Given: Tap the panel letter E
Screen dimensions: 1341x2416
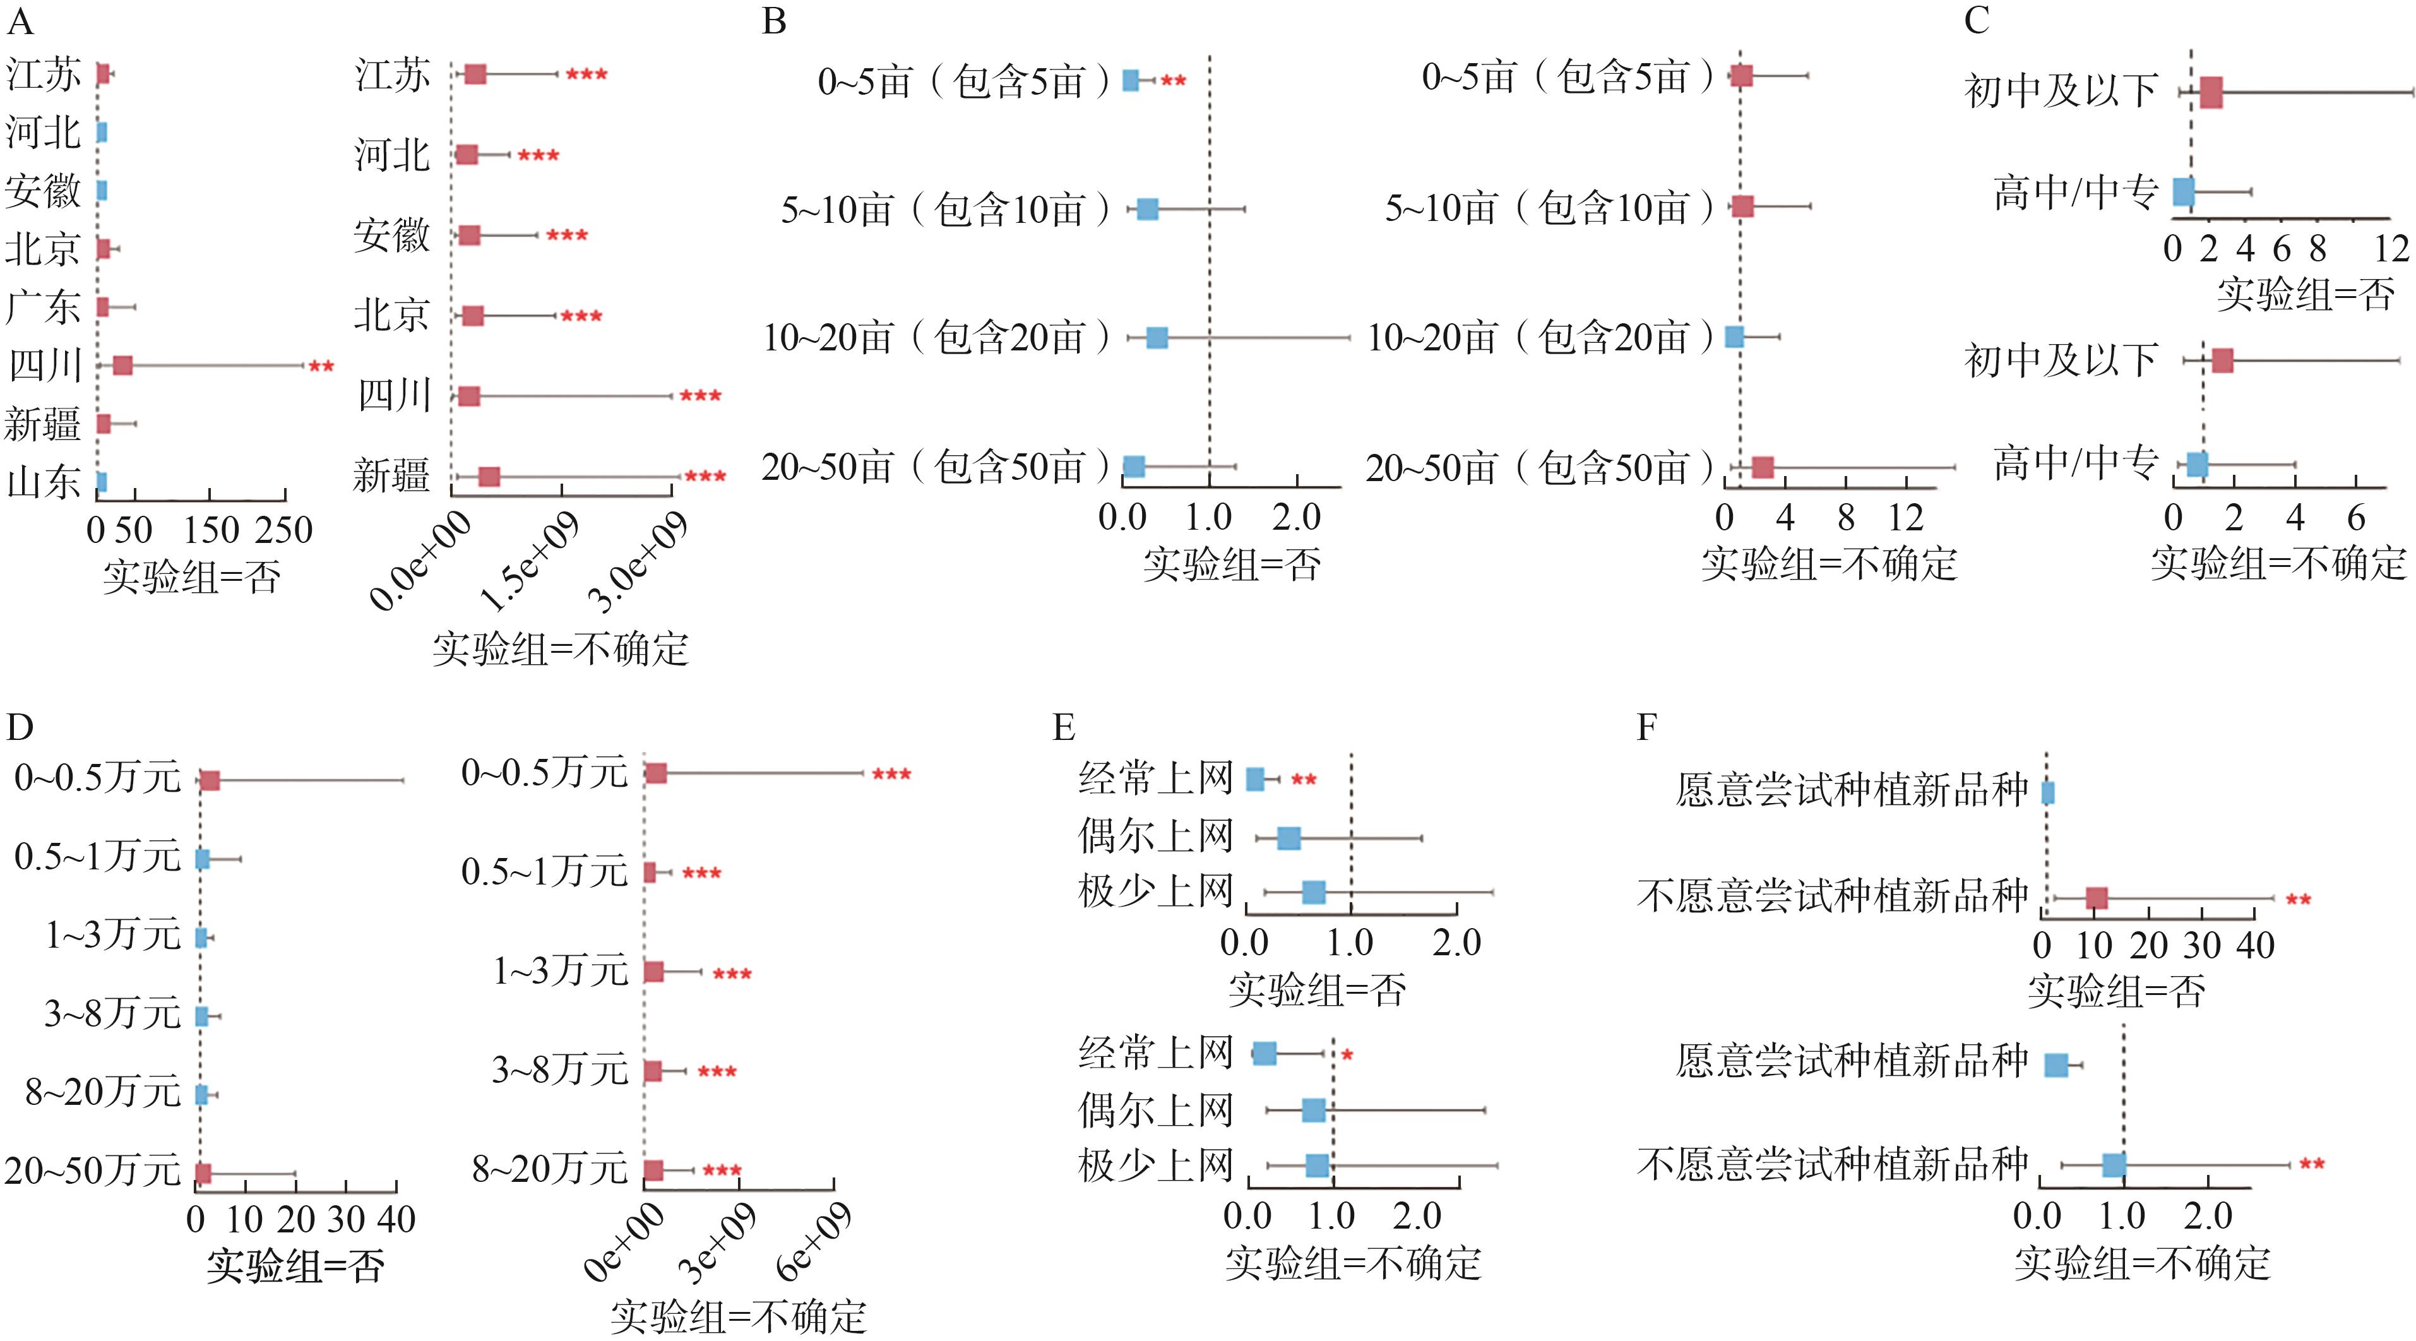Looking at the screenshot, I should point(1064,727).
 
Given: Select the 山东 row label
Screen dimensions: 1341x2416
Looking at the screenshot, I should point(43,482).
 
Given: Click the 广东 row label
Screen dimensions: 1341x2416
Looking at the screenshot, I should point(43,307).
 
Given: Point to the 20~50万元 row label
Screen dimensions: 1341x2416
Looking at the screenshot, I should point(92,1171).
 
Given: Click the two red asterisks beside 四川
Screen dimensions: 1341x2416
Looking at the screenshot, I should point(321,366).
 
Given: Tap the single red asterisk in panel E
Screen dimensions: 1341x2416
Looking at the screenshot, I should point(1347,1056).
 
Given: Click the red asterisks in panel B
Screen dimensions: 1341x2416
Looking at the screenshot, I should point(1174,81).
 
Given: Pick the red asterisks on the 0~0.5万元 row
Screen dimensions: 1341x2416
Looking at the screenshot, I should point(891,773).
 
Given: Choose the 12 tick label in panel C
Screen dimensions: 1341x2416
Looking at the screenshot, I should point(2391,249).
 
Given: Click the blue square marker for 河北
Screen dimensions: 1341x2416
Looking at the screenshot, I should point(100,132).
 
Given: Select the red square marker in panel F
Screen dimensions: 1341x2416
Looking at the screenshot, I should point(2096,898).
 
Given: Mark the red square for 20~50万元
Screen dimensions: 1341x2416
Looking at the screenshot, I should point(203,1173).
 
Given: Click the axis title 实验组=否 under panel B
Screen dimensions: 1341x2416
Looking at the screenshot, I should point(1232,564).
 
